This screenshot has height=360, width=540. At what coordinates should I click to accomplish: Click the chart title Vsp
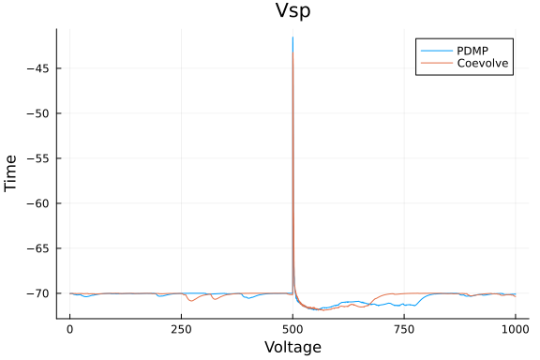point(292,11)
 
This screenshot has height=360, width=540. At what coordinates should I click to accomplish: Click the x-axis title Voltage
point(292,347)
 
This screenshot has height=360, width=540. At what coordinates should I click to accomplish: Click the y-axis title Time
point(11,173)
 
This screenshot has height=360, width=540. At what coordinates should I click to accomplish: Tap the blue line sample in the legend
point(435,50)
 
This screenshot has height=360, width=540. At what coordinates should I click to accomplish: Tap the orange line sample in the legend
point(435,64)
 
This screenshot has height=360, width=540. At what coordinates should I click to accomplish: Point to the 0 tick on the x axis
point(69,330)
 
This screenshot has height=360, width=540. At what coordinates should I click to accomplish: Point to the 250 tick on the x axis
point(181,330)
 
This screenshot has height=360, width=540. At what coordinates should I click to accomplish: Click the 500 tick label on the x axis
point(292,330)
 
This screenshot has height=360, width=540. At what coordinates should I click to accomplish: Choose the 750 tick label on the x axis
point(404,330)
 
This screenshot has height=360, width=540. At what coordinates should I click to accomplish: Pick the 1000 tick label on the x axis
point(515,330)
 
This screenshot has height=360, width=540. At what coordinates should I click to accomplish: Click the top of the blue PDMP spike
point(292,37)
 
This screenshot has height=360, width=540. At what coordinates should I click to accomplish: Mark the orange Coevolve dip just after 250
point(191,300)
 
